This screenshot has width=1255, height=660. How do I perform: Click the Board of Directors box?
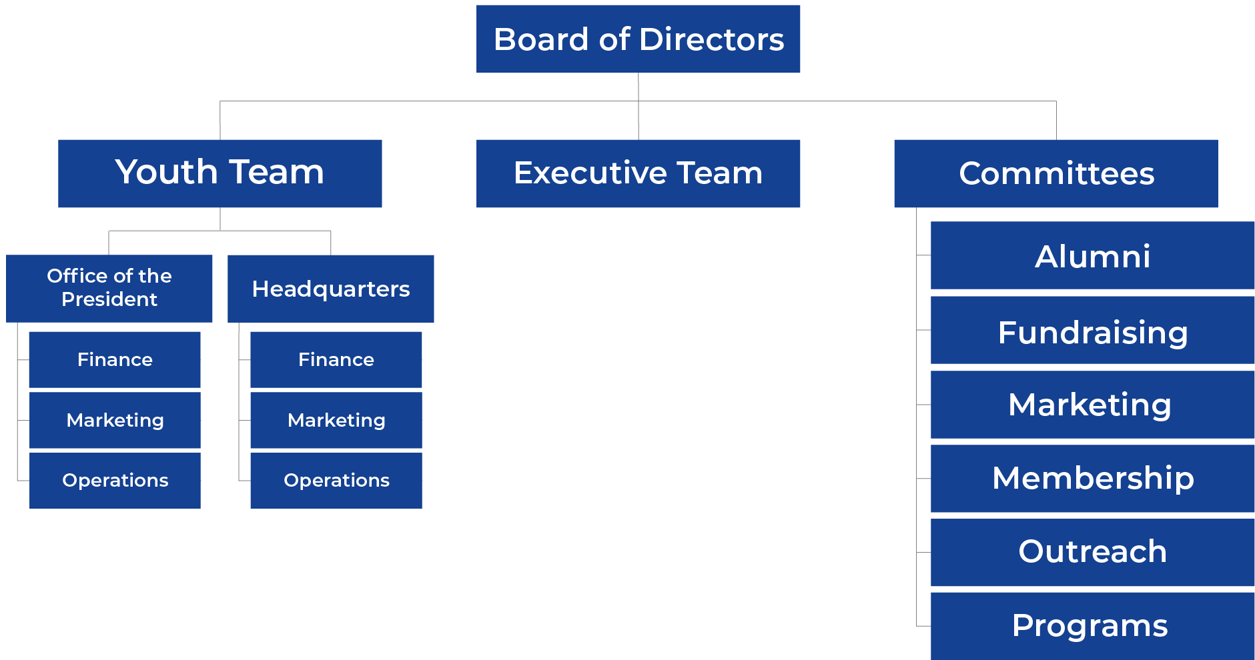coord(638,39)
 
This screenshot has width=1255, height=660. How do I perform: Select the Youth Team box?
coord(220,173)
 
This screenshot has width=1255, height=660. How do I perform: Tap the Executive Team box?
coord(638,173)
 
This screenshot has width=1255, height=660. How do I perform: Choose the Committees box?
coord(1056,173)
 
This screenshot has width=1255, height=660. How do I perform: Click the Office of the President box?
coord(109,288)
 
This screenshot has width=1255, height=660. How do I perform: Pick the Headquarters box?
coord(330,288)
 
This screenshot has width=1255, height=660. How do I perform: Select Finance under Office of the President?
coord(115,359)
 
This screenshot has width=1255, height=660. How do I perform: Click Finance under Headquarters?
coord(336,359)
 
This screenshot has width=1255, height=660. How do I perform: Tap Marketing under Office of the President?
coord(115,420)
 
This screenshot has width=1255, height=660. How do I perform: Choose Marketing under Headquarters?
coord(336,420)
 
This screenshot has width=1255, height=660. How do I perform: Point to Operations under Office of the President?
coord(115,480)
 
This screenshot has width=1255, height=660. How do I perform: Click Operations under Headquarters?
coord(336,480)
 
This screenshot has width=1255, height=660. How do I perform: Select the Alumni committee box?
coord(1092,255)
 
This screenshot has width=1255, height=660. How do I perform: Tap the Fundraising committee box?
coord(1092,331)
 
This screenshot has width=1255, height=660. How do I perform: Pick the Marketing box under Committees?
coord(1092,405)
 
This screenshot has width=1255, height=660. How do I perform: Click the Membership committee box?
coord(1092,479)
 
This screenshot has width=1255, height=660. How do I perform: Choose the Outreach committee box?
coord(1092,552)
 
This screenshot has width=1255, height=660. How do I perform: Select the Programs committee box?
coord(1092,626)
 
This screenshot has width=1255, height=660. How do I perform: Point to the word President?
coord(109,299)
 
